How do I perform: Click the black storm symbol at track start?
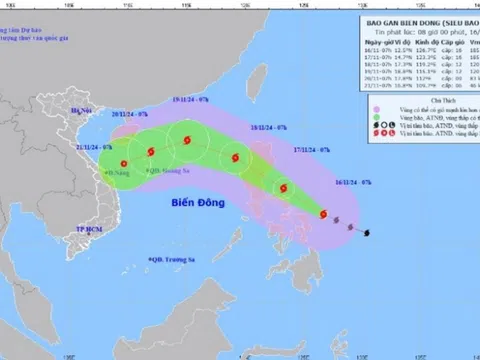pyautogui.click(x=368, y=234)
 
